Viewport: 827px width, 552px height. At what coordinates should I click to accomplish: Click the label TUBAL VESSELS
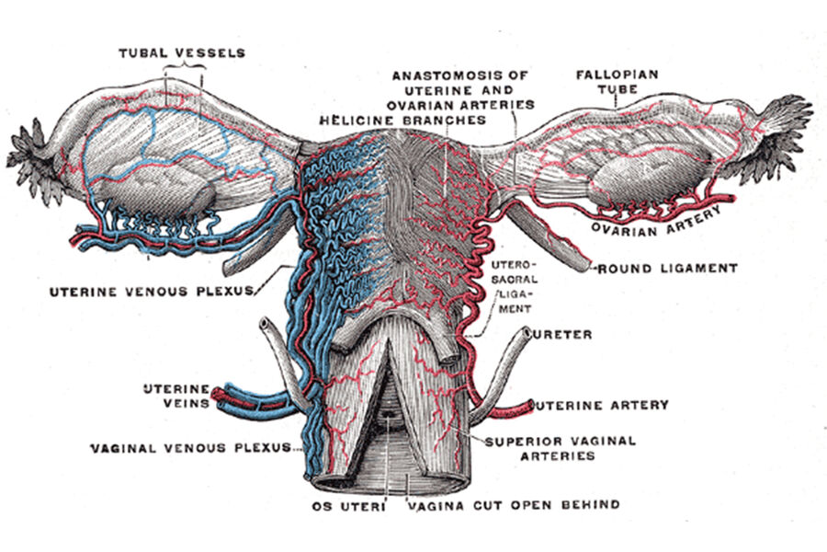point(181,52)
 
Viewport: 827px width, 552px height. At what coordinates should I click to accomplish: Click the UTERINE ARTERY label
point(603,405)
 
